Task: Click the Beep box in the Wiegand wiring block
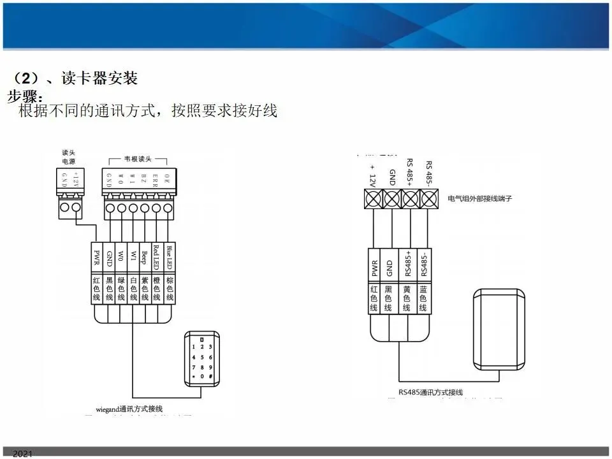(145, 258)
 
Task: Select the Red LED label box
(157, 258)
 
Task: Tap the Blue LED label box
(170, 258)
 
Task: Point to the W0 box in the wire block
(121, 258)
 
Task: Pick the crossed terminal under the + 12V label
(373, 199)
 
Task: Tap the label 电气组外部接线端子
(480, 199)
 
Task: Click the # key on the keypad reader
(210, 377)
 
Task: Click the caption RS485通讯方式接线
(431, 392)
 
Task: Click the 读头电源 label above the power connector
(69, 157)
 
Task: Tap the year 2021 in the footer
(22, 453)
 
